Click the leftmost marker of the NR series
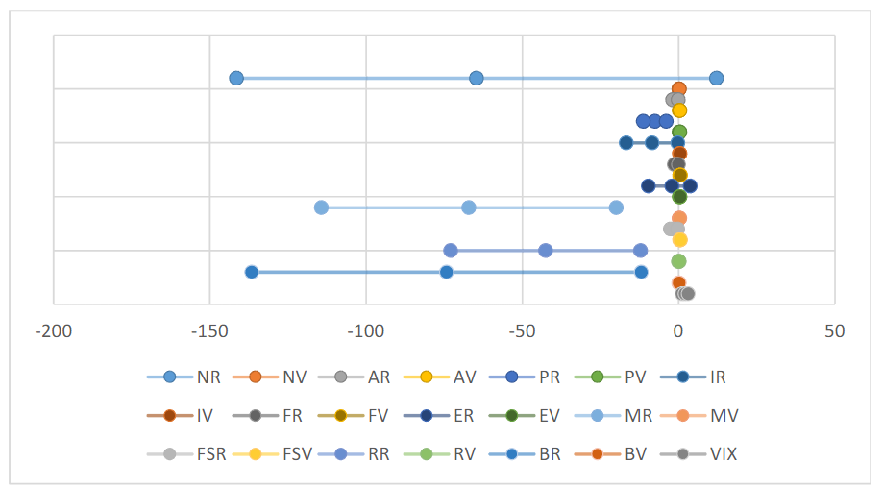(x=236, y=78)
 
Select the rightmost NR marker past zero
(x=716, y=78)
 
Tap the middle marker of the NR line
(x=477, y=78)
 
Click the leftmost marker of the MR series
(x=321, y=207)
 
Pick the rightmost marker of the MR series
(x=616, y=207)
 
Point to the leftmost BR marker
(x=252, y=272)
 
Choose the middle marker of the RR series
(x=546, y=251)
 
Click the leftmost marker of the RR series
(x=451, y=251)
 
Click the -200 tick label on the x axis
(x=53, y=331)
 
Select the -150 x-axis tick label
(x=209, y=331)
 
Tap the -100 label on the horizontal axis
(x=366, y=331)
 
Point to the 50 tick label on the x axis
(x=835, y=331)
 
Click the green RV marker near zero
(x=678, y=261)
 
